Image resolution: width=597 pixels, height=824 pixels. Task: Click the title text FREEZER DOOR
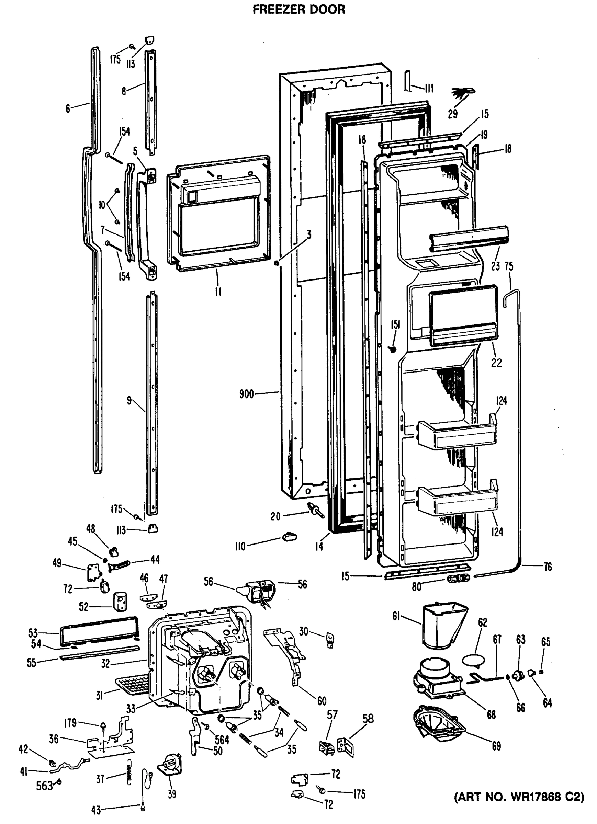(x=298, y=10)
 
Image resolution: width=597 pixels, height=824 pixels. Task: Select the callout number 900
(x=246, y=394)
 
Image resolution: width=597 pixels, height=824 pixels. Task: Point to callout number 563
(x=44, y=786)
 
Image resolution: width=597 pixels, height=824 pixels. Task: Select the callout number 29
(x=452, y=114)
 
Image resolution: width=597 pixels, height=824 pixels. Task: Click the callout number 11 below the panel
(x=218, y=291)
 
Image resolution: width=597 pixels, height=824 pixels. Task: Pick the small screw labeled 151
(x=392, y=349)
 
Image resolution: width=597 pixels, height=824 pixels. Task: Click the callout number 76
(x=548, y=566)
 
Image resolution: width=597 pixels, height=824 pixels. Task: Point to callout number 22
(x=496, y=362)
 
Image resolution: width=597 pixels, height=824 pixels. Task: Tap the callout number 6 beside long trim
(x=68, y=108)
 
